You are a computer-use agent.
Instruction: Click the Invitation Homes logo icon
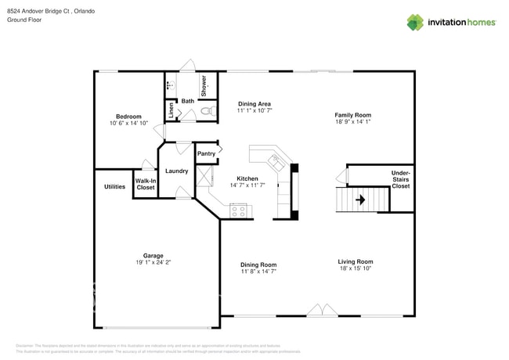(x=414, y=22)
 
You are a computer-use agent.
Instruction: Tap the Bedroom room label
(x=128, y=117)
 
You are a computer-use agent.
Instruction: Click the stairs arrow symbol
(x=360, y=200)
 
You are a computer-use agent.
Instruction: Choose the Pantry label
(x=206, y=153)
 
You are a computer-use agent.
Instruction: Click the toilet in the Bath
(x=207, y=113)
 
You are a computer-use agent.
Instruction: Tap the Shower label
(x=204, y=85)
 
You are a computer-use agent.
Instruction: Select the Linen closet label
(x=171, y=110)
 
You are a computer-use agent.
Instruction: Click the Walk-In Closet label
(x=145, y=185)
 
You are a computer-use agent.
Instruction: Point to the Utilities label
(x=114, y=186)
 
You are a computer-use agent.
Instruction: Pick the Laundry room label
(x=175, y=171)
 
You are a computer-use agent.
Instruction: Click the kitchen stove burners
(x=239, y=210)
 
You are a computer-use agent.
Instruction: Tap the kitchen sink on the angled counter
(x=276, y=162)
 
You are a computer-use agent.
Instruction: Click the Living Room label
(x=355, y=261)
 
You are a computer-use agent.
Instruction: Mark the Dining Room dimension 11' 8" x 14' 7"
(x=258, y=272)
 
